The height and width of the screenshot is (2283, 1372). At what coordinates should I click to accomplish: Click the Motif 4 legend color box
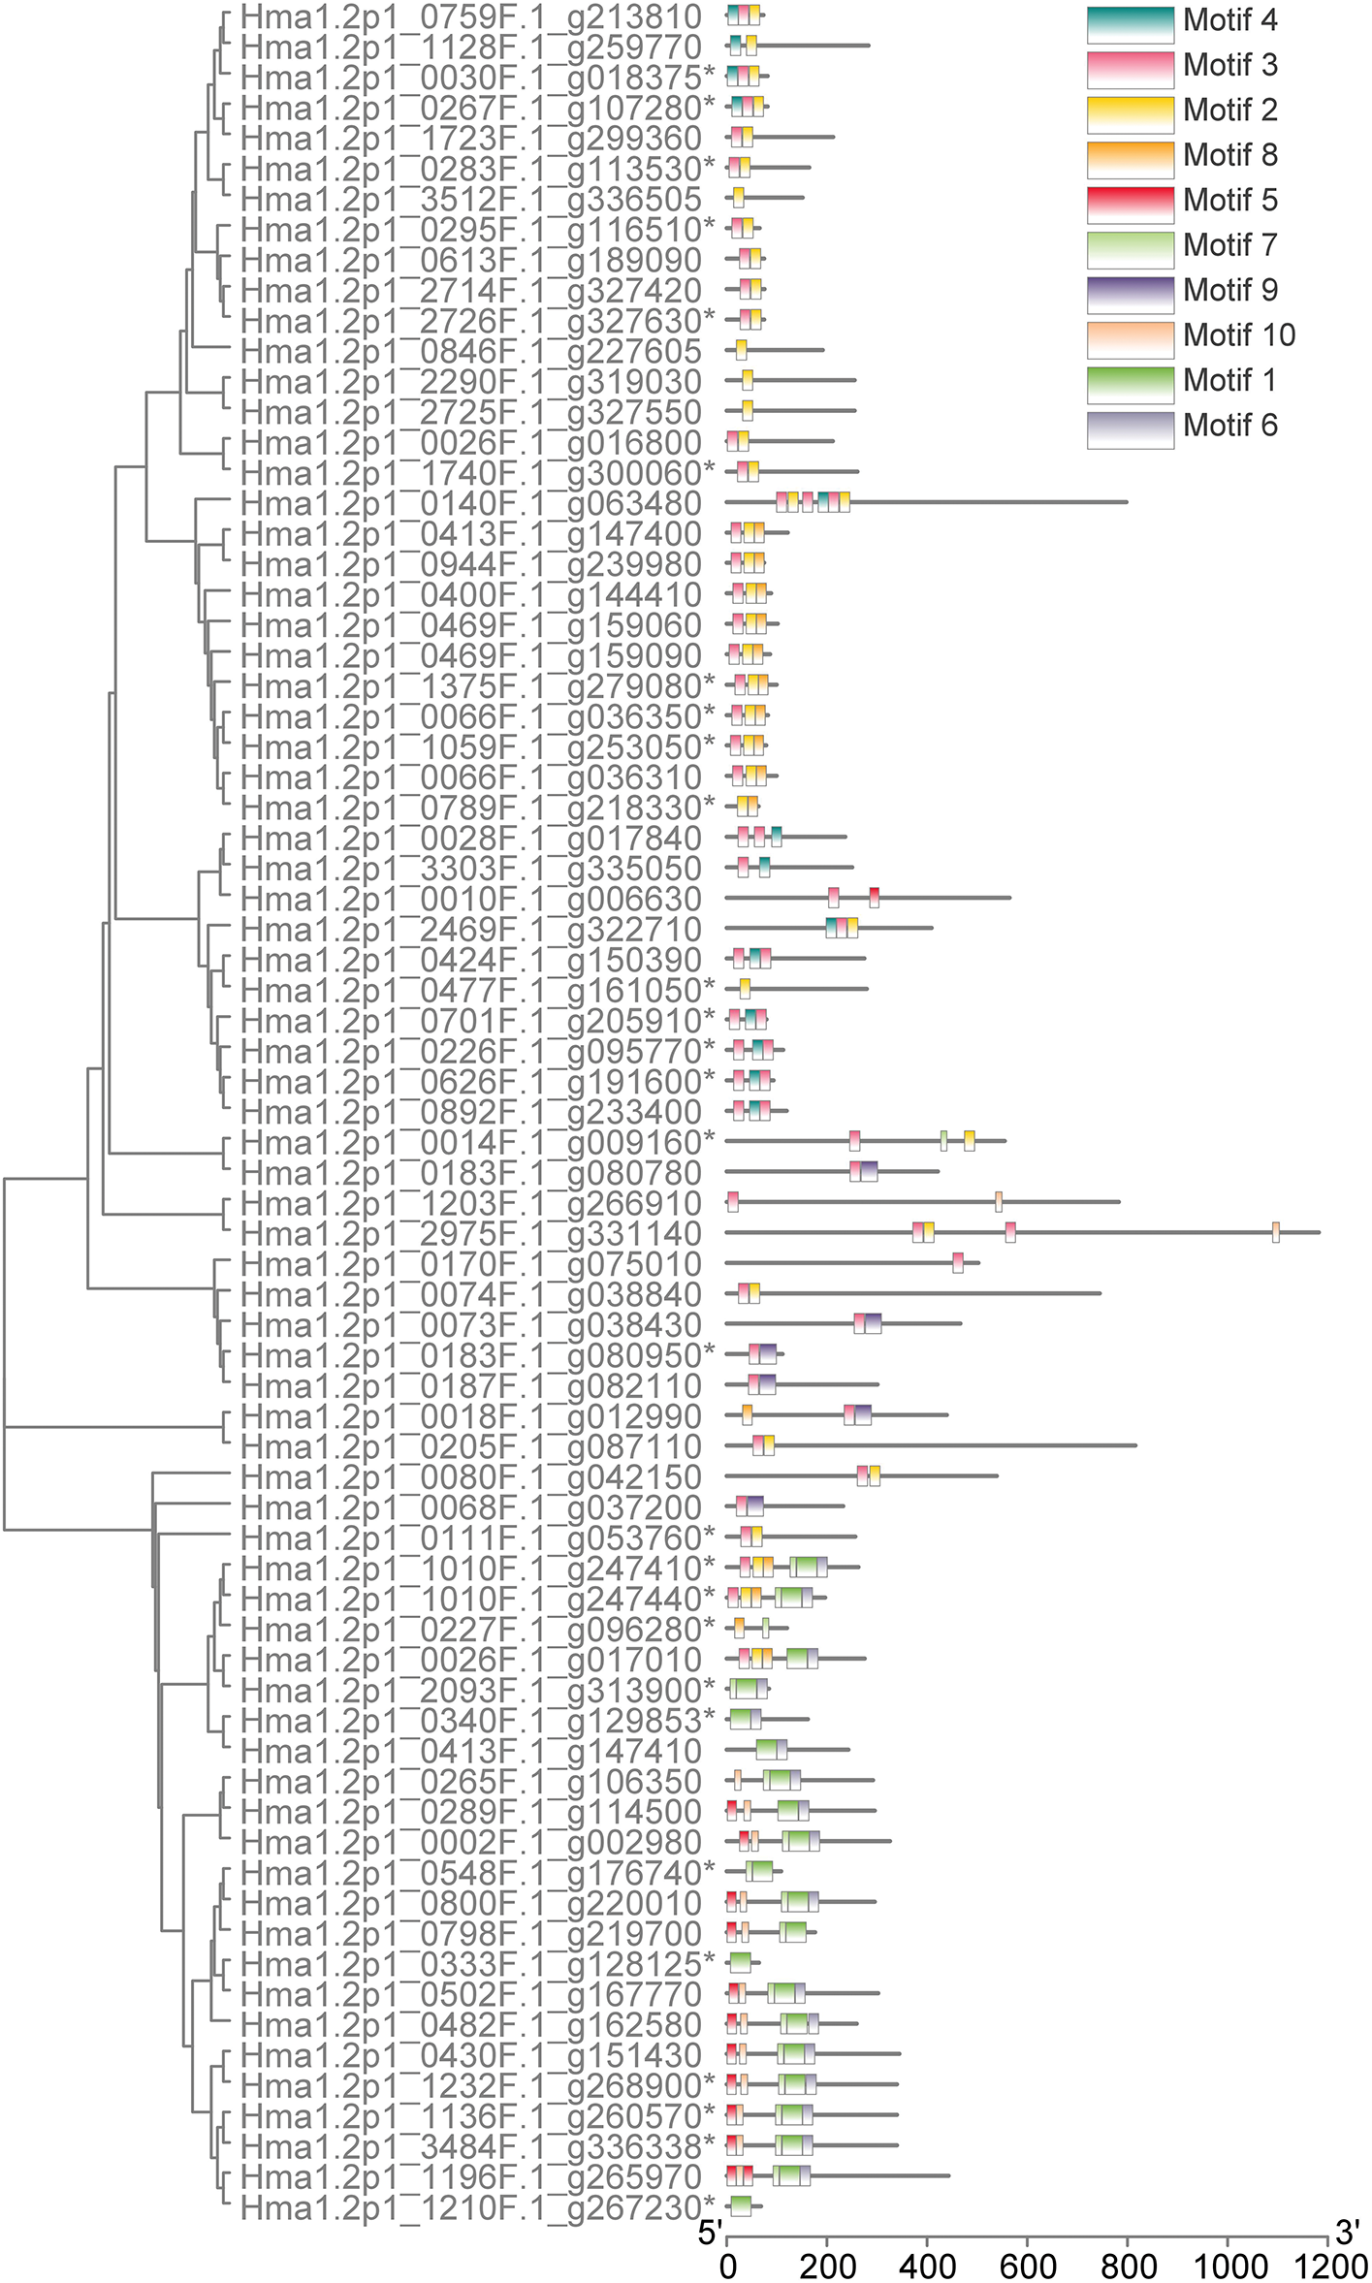[x=1130, y=23]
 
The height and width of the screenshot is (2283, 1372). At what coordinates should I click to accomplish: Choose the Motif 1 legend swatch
[x=1130, y=382]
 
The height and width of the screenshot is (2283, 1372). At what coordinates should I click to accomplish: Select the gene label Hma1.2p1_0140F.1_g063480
[x=470, y=503]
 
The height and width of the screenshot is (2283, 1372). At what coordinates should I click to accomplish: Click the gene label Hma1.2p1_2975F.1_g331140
[x=470, y=1233]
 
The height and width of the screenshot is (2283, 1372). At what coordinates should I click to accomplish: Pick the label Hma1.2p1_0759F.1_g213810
[x=470, y=16]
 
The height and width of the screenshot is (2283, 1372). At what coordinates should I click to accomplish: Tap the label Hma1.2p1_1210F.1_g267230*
[x=478, y=2206]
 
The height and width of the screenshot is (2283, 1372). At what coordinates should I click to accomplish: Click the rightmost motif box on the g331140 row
[x=1275, y=1232]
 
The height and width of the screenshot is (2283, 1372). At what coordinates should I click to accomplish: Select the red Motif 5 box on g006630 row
[x=874, y=898]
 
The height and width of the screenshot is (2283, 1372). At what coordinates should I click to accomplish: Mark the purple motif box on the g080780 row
[x=869, y=1171]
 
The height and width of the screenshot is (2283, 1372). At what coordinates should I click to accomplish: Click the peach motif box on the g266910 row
[x=999, y=1202]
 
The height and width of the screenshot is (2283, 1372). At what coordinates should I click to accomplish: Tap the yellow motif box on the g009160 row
[x=969, y=1141]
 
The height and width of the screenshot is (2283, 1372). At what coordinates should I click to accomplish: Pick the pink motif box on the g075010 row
[x=958, y=1262]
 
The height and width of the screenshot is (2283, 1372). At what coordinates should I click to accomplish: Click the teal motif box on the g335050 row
[x=764, y=867]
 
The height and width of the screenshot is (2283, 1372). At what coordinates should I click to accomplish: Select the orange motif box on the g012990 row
[x=747, y=1414]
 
